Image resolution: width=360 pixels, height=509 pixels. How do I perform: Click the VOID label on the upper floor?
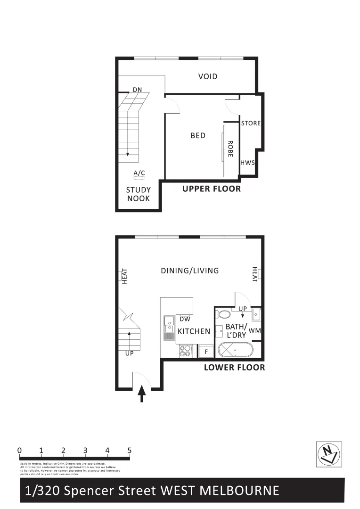click(x=208, y=76)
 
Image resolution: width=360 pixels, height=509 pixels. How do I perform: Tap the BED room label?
click(x=198, y=136)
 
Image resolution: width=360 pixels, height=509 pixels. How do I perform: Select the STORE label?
click(x=250, y=123)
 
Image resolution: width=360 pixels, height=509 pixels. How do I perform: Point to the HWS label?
click(x=247, y=163)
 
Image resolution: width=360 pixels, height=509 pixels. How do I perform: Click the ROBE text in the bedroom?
click(x=230, y=148)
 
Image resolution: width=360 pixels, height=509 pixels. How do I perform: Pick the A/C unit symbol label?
click(x=139, y=174)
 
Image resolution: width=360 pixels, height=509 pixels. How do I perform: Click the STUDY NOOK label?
click(x=138, y=194)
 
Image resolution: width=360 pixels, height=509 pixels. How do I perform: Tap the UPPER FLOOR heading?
click(x=212, y=189)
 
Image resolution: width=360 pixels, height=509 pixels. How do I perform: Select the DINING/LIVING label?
click(x=190, y=271)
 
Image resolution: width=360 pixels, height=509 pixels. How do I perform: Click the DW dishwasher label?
click(x=185, y=319)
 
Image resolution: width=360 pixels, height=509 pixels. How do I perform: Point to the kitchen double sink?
click(x=168, y=328)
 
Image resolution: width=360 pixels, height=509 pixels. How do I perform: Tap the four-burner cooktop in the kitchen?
click(x=186, y=351)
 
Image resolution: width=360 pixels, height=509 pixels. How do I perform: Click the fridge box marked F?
click(x=206, y=352)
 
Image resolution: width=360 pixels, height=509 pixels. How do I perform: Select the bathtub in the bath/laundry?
click(x=235, y=351)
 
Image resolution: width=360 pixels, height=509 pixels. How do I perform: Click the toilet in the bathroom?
click(x=224, y=314)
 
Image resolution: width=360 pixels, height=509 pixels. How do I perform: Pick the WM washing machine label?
click(x=254, y=331)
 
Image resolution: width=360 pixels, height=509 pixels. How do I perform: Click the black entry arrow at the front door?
click(x=142, y=394)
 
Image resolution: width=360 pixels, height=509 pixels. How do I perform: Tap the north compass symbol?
click(x=328, y=454)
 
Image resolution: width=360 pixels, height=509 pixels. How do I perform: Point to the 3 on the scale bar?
click(x=85, y=451)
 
